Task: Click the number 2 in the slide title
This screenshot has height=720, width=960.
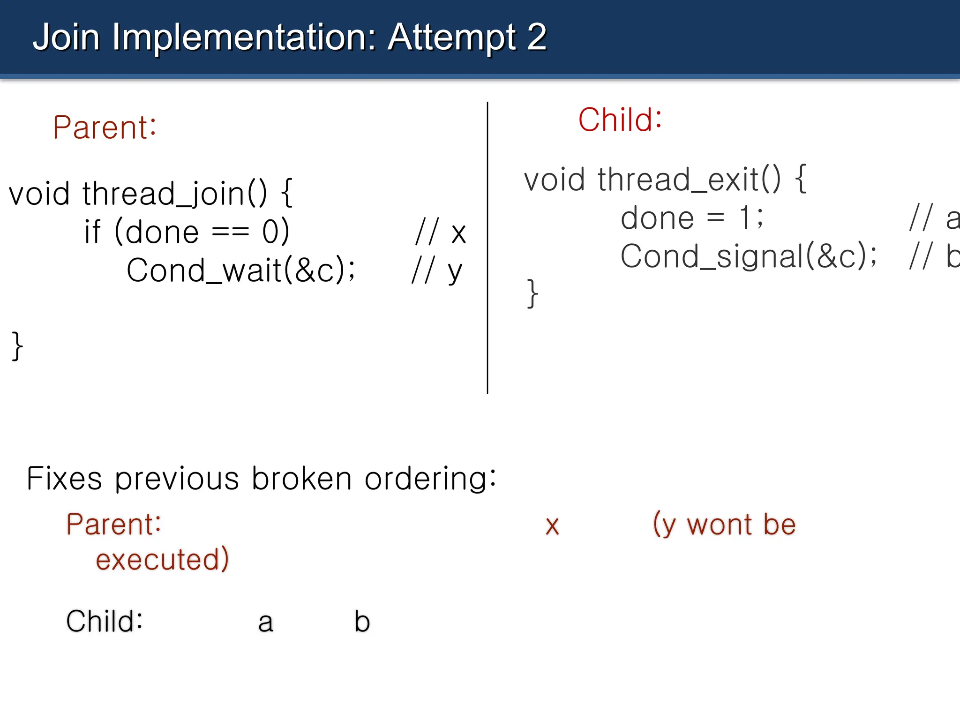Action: point(536,37)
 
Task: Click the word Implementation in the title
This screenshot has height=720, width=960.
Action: point(244,37)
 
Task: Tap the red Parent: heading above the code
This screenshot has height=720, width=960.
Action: point(104,127)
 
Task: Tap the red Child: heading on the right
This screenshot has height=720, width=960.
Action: point(620,120)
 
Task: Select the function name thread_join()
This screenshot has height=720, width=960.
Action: point(174,194)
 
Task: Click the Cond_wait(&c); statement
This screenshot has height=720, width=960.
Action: point(241,270)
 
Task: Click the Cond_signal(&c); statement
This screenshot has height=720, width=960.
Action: point(748,256)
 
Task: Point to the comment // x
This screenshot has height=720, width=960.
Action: point(441,232)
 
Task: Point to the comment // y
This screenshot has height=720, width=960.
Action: point(437,271)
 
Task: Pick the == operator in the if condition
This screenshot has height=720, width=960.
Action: point(230,232)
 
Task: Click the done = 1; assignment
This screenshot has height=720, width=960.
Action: point(692,218)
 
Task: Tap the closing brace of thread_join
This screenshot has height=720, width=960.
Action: point(17,346)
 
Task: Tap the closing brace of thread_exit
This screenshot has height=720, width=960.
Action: point(532,294)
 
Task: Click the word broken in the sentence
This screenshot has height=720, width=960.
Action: point(301,479)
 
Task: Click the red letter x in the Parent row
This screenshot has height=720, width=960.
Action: point(552,526)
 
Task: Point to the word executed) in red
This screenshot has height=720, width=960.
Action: point(162,560)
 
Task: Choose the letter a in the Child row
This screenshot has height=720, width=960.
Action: point(265,622)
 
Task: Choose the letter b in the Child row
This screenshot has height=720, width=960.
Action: point(362,622)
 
